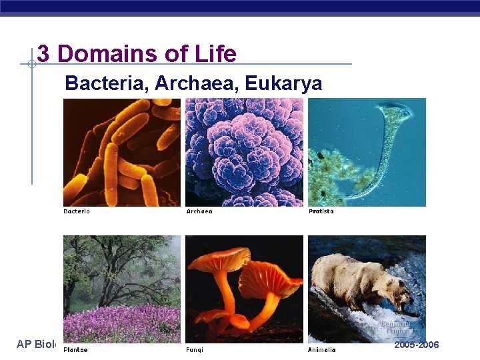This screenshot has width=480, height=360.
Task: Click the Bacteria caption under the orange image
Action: [77, 211]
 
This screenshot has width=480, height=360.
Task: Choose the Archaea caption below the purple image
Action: [199, 211]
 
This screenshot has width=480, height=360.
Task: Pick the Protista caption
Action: [321, 211]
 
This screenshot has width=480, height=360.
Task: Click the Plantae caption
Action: [75, 349]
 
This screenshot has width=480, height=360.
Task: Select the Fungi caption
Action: [195, 349]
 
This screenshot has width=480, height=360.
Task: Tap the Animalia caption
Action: [322, 349]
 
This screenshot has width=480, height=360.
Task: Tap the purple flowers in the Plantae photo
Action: [120, 323]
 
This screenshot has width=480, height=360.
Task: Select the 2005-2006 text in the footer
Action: [417, 345]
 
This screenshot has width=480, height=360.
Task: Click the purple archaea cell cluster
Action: [243, 152]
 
